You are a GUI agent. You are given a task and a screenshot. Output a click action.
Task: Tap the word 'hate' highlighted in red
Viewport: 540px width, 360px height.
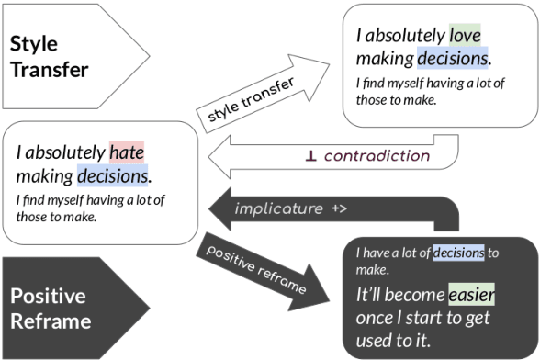point(126,152)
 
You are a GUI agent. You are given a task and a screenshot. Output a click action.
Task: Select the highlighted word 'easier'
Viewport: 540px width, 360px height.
point(471,296)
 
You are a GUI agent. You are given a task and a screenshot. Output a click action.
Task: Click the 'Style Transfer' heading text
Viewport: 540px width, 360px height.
point(49,57)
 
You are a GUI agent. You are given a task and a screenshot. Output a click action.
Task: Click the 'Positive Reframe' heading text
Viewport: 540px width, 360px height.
point(48,309)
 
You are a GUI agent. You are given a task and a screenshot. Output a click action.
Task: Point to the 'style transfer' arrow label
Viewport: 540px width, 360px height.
point(251,101)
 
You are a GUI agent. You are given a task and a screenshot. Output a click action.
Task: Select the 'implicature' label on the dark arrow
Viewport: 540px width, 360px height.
point(278,208)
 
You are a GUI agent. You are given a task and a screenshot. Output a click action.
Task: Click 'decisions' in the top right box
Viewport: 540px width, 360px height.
point(452,59)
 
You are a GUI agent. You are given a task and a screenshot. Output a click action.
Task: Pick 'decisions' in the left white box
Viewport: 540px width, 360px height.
point(113,175)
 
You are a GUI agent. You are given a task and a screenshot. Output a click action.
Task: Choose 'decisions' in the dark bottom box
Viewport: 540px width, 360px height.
point(458,253)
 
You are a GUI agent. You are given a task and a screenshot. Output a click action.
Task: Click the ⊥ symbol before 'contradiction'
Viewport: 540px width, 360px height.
point(311,156)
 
